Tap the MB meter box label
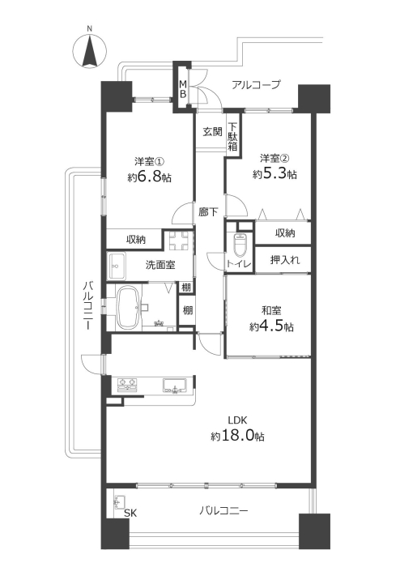(x=184, y=89)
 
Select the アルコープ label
(x=256, y=85)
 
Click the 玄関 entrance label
(x=212, y=131)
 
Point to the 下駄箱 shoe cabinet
(x=233, y=138)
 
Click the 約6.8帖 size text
(x=150, y=177)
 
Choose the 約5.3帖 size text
(x=274, y=174)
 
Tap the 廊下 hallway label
(x=208, y=212)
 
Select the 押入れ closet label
(x=285, y=260)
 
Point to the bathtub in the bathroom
(x=128, y=307)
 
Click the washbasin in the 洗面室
(x=117, y=266)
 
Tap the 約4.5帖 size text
(x=271, y=327)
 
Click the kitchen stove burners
(x=128, y=385)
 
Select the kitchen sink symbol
(x=175, y=385)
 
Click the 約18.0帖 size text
(x=237, y=436)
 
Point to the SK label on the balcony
(x=130, y=513)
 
